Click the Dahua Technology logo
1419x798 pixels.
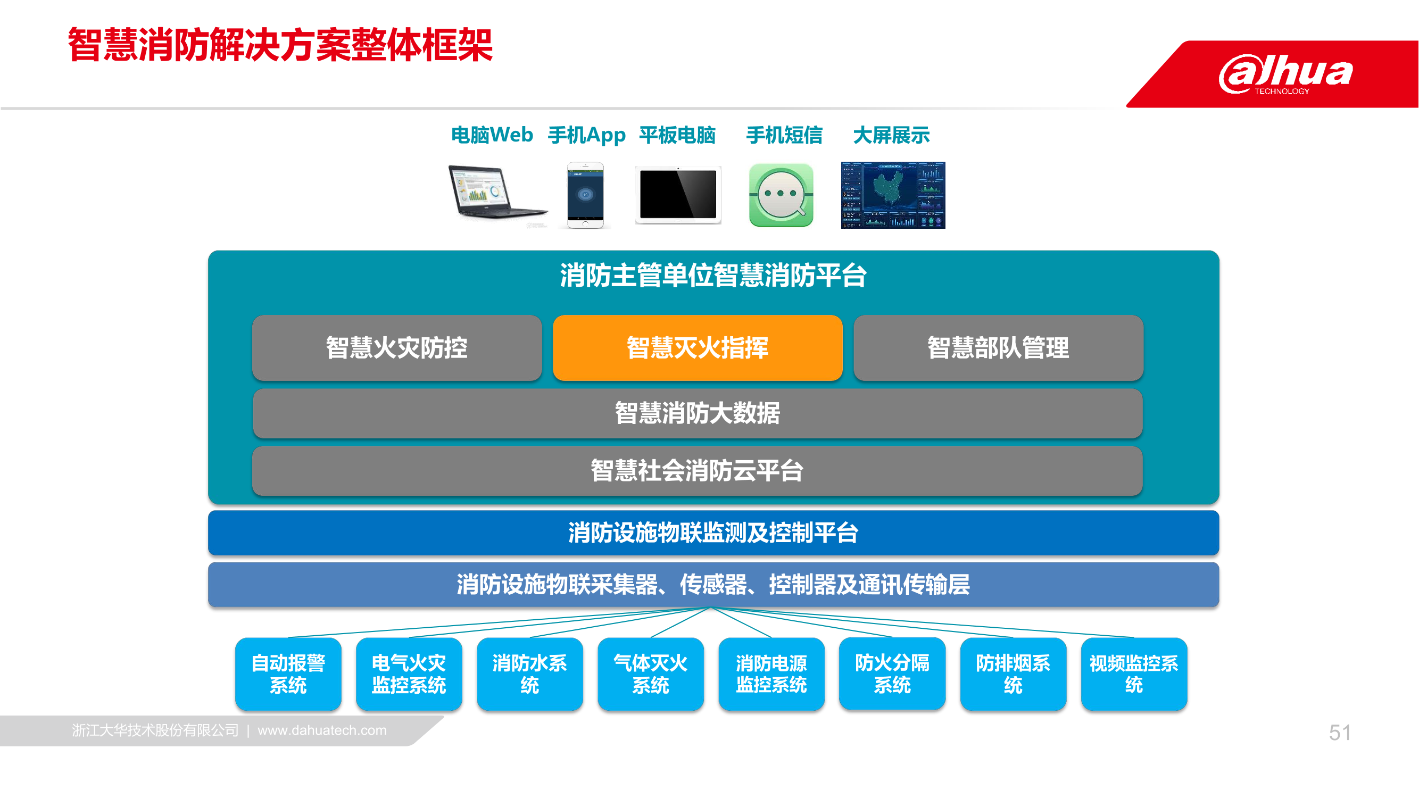pos(1285,74)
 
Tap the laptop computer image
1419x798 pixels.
pos(498,194)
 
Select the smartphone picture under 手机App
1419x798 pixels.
pos(586,195)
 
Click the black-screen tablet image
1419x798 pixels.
pos(678,195)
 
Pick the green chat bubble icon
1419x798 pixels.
pos(781,195)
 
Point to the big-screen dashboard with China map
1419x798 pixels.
pos(893,195)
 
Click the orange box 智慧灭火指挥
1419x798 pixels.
pos(698,347)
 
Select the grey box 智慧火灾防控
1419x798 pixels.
pos(396,347)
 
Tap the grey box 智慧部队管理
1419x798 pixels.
pos(998,347)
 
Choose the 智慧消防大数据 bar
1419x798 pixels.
pos(698,413)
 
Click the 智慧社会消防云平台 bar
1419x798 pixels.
pos(698,471)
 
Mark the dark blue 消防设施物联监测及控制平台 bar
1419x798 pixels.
pos(713,533)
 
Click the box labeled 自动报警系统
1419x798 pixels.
pos(288,674)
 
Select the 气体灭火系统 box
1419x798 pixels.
pos(651,674)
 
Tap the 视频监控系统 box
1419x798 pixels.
pos(1134,674)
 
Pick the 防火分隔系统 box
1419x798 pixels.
pos(892,674)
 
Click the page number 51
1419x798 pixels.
pos(1340,733)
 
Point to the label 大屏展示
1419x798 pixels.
pos(891,135)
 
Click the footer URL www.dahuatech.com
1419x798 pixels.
pos(322,730)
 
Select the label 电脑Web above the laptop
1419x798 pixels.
pos(492,135)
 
